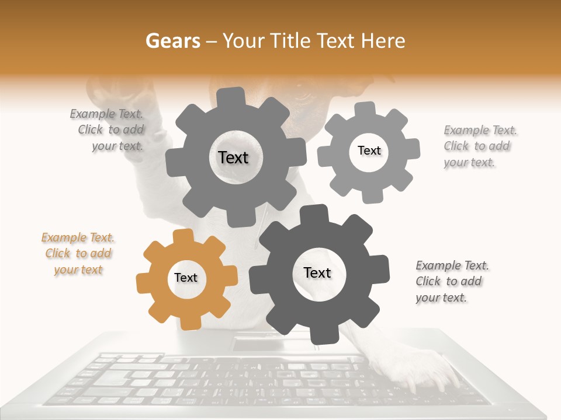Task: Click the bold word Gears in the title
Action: (172, 41)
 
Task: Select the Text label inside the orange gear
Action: (186, 278)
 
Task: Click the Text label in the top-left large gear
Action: (233, 157)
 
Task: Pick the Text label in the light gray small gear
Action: (369, 150)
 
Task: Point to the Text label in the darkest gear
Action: (317, 272)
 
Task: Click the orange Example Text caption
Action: (78, 254)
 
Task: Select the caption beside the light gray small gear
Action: (480, 146)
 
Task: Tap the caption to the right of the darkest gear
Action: (452, 282)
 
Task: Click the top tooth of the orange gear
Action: (183, 236)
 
